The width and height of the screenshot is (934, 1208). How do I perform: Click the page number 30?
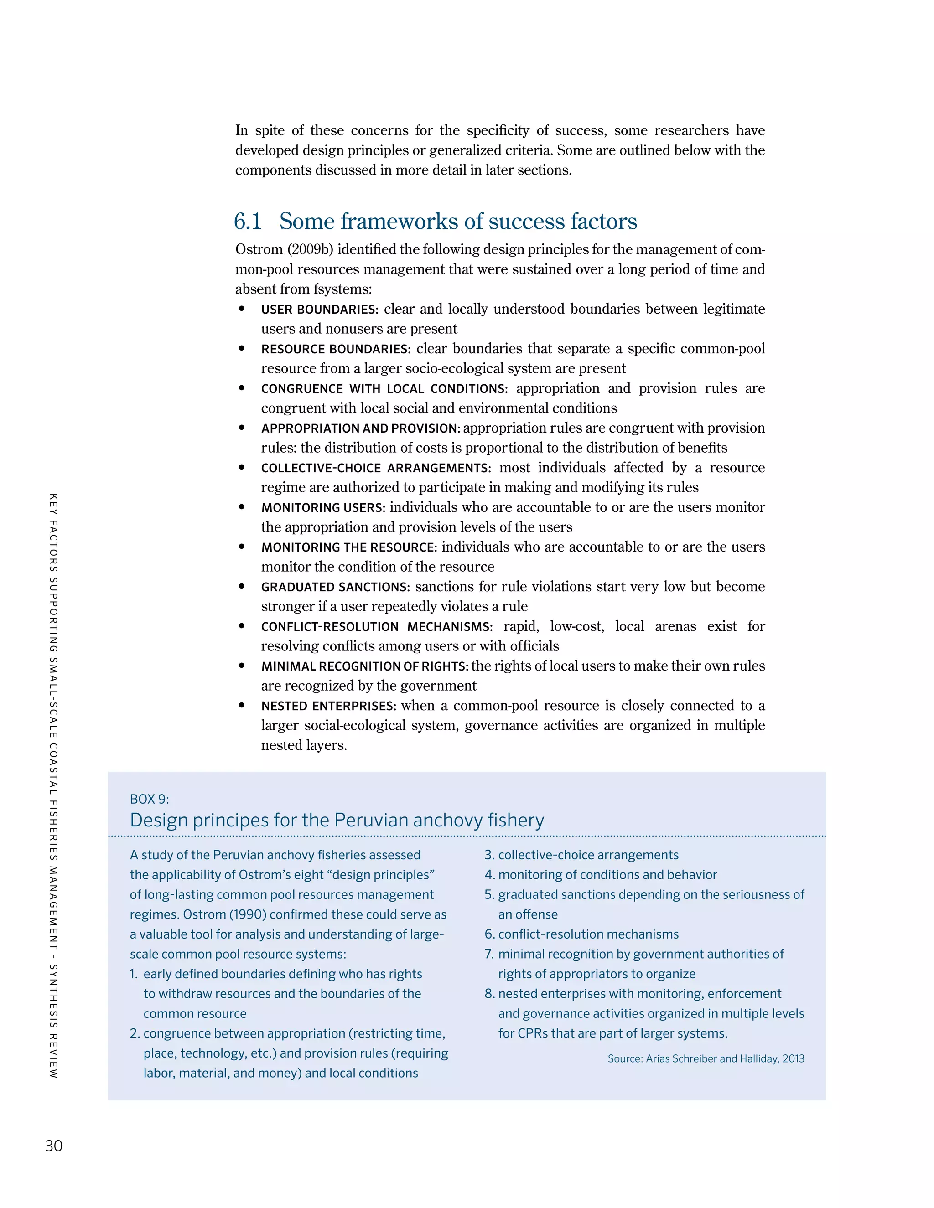[x=54, y=1146]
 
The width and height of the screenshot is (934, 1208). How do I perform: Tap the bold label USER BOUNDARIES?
[x=319, y=309]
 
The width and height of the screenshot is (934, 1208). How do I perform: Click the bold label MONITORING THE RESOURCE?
[x=348, y=547]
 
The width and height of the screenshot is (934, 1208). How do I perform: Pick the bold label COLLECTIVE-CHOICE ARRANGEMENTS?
[x=376, y=469]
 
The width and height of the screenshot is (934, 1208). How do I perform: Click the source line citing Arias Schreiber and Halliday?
[x=706, y=1058]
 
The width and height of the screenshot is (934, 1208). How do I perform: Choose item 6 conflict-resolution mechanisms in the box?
[x=581, y=934]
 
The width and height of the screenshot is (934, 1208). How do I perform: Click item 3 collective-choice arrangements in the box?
[x=581, y=855]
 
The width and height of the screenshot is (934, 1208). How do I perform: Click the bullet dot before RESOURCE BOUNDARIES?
[x=242, y=348]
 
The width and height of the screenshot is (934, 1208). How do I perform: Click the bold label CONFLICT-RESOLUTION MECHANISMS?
[x=376, y=627]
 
